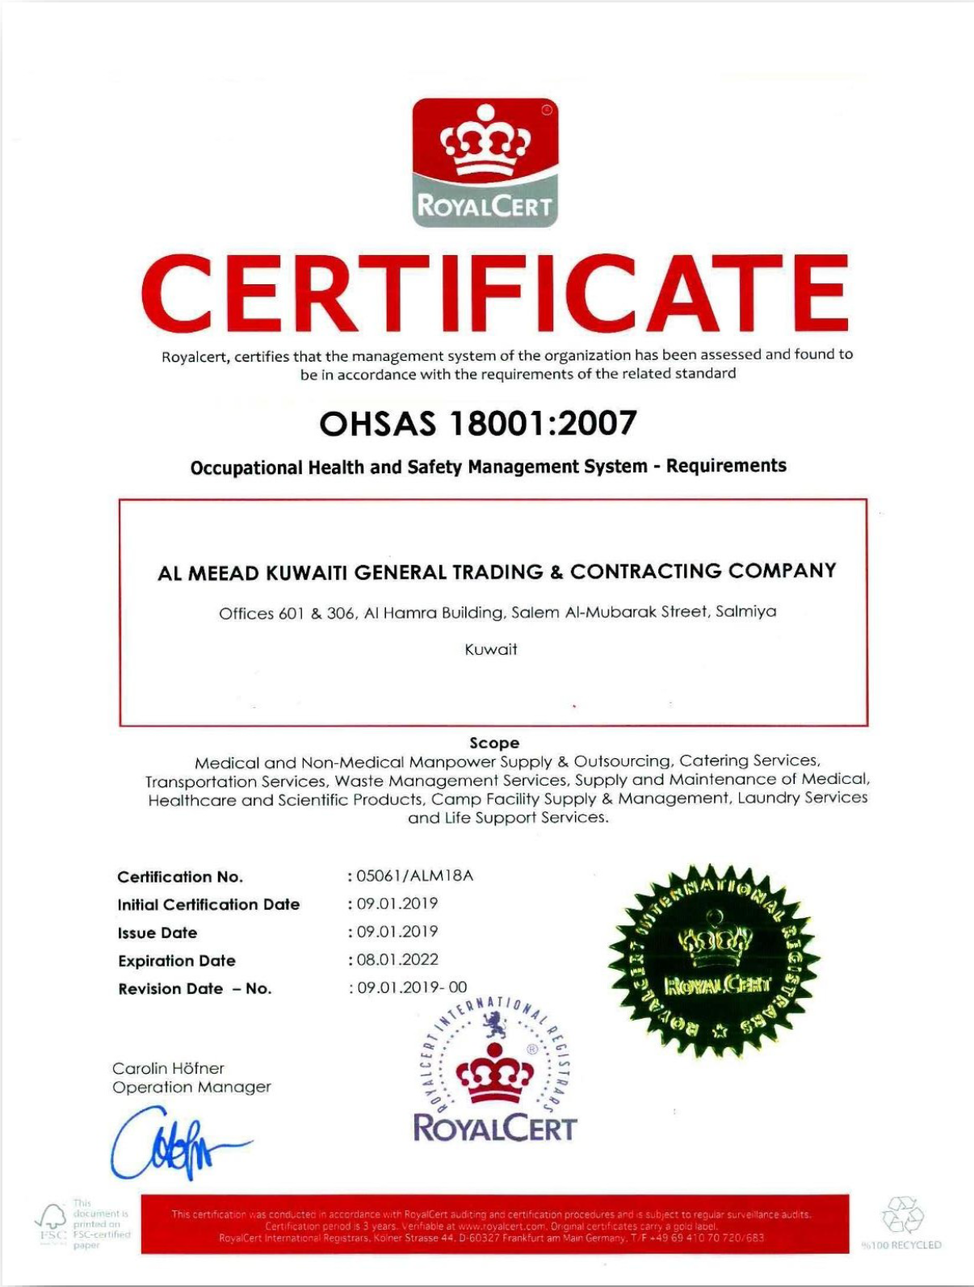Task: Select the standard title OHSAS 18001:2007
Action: point(478,423)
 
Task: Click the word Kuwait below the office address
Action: point(491,649)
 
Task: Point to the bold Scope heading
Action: point(494,743)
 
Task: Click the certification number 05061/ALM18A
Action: point(414,876)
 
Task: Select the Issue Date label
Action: point(157,933)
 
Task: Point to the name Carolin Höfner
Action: point(168,1068)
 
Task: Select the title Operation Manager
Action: point(191,1088)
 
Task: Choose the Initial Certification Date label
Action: point(208,904)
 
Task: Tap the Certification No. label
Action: point(179,877)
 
